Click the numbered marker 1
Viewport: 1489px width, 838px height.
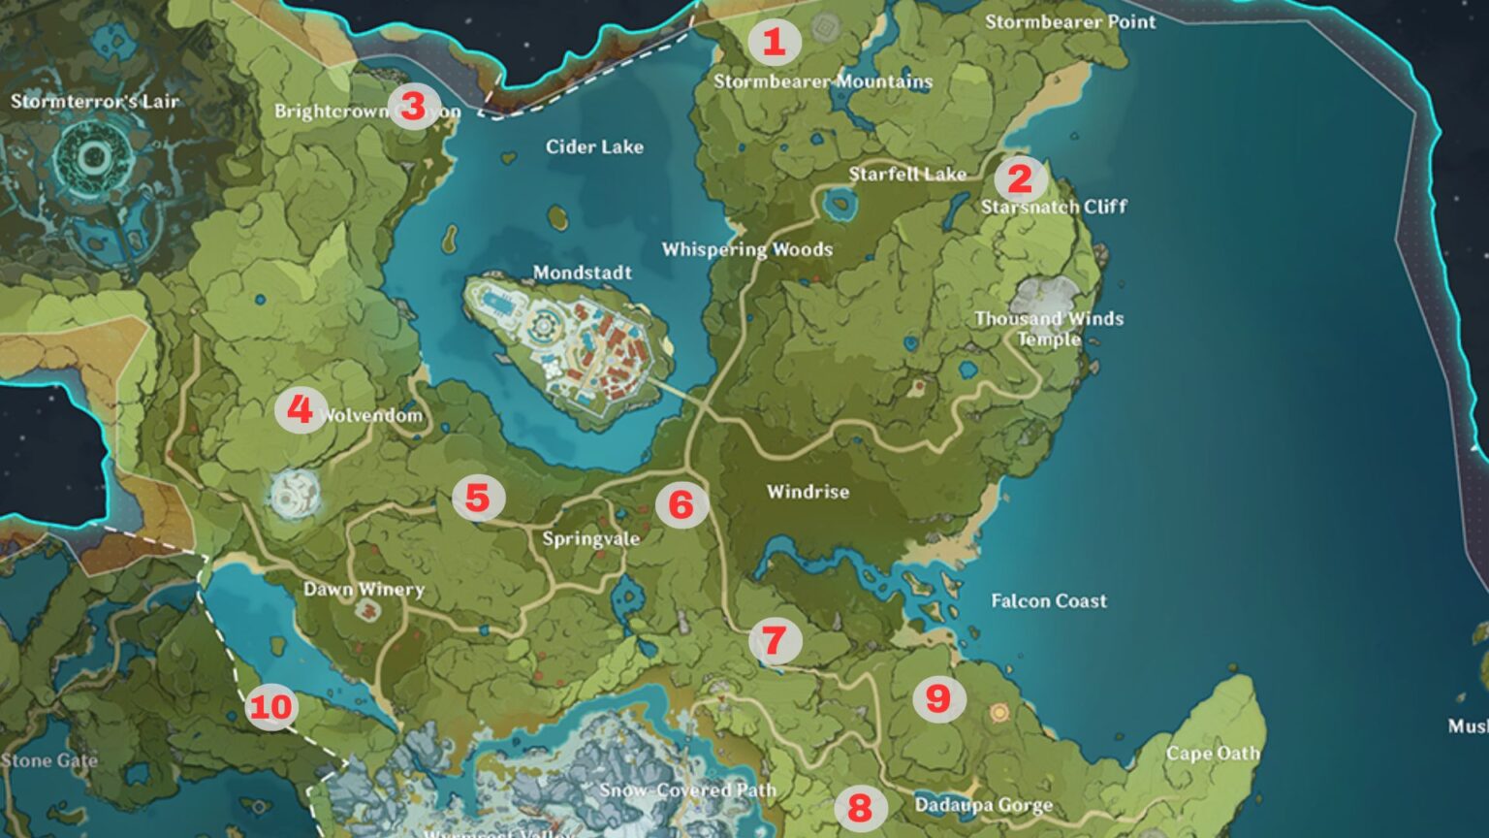click(x=773, y=42)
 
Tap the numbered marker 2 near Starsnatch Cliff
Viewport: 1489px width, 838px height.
click(x=1019, y=178)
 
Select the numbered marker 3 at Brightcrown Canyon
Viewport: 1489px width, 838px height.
click(x=413, y=106)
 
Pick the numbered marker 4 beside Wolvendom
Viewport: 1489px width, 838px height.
click(x=300, y=410)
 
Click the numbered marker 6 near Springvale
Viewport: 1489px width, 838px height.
click(x=681, y=504)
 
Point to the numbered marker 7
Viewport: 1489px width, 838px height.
click(x=774, y=640)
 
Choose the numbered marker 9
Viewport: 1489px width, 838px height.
click(x=938, y=698)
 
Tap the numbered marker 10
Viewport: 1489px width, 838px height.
click(x=270, y=706)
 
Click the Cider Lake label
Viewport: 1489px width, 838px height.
click(x=594, y=146)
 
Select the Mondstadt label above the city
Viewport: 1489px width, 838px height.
click(x=582, y=273)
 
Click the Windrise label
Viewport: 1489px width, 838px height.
click(x=808, y=492)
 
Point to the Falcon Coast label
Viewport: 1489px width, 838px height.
click(x=1048, y=601)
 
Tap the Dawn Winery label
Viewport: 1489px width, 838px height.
click(x=364, y=589)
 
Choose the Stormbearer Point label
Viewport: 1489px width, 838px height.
click(x=1070, y=21)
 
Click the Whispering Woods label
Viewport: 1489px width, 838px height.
click(x=746, y=249)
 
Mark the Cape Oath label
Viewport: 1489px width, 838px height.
click(x=1213, y=754)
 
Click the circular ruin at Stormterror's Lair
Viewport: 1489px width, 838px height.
click(x=95, y=157)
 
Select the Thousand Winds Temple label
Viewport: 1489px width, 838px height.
click(x=1049, y=328)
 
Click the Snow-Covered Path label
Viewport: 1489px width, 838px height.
click(x=687, y=790)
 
